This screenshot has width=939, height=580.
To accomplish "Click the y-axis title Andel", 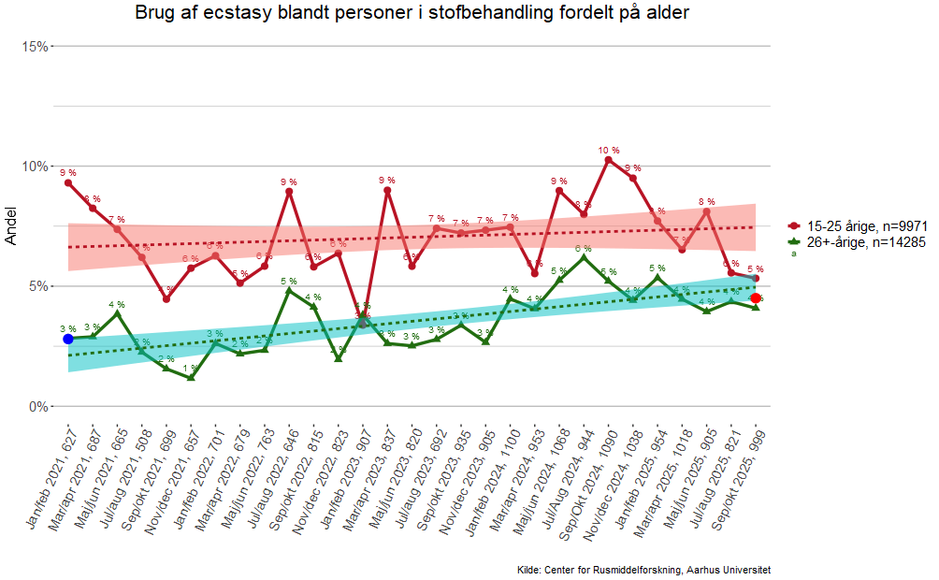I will click(x=11, y=226).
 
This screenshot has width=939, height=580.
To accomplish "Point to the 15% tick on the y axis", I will click(x=35, y=46).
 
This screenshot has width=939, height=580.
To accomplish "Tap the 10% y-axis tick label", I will click(x=35, y=167).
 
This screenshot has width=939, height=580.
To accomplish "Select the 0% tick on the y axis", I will click(x=37, y=407).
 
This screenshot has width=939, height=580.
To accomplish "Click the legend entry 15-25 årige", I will click(x=865, y=225).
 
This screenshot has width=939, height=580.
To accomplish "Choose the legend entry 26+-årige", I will click(x=865, y=242).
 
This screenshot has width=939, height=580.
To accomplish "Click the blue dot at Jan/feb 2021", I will click(x=67, y=339).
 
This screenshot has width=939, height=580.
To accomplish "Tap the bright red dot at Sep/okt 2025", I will click(x=756, y=297).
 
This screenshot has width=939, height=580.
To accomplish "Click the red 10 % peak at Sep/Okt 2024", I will click(x=608, y=160).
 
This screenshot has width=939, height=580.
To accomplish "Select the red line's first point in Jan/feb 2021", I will click(x=68, y=182).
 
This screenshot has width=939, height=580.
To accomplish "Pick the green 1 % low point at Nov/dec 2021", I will click(x=191, y=377).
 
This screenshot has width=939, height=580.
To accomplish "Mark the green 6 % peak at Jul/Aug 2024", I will click(x=584, y=258).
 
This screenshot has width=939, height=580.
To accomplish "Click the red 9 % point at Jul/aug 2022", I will click(x=289, y=192).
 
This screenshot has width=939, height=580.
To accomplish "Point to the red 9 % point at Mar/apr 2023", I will click(x=387, y=190).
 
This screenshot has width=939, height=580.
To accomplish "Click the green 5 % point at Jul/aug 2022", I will click(x=289, y=291).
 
